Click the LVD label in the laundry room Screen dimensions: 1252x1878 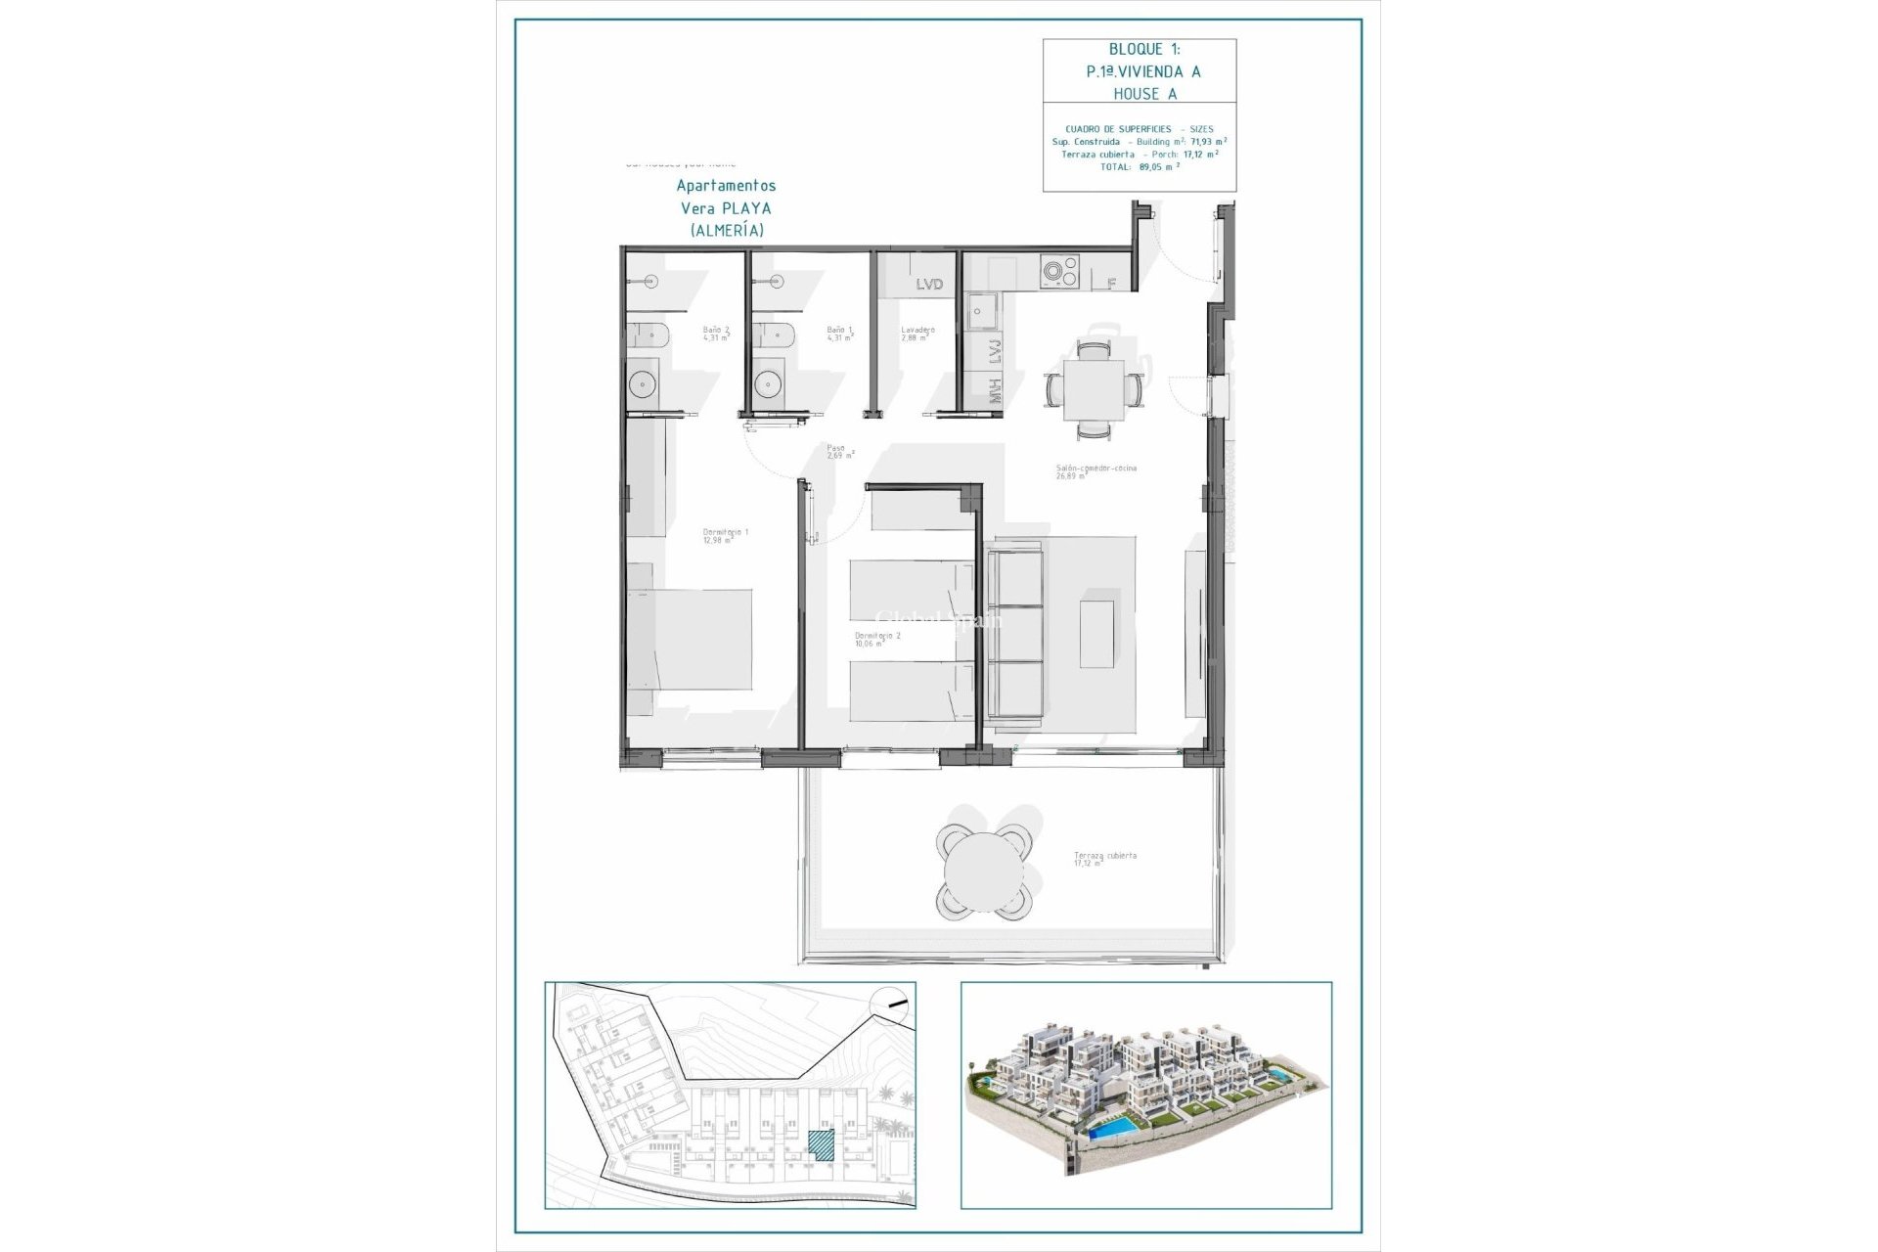tap(929, 284)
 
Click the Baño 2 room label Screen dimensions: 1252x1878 tap(716, 334)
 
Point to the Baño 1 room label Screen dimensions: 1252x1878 tap(839, 334)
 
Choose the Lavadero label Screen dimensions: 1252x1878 tap(917, 334)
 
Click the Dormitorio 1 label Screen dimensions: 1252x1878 tap(725, 536)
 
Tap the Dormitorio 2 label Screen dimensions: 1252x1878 tap(876, 639)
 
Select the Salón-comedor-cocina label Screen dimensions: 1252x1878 tap(1095, 471)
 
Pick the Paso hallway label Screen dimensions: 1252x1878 tap(838, 451)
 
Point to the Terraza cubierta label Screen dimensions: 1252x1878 tap(1104, 859)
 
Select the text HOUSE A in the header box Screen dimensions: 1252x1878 tap(1144, 94)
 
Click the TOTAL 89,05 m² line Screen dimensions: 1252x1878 tap(1140, 167)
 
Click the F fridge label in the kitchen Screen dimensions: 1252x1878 tap(1111, 284)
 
